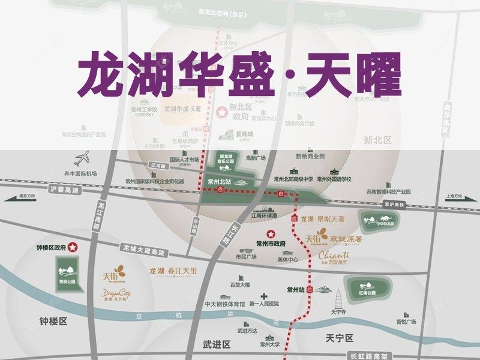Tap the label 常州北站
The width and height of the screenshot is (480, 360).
[218, 179]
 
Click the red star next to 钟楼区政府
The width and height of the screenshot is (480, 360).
[73, 246]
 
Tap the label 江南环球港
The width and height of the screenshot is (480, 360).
[263, 215]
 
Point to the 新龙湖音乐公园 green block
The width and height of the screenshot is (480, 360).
[226, 161]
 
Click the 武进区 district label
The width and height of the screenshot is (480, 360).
[216, 344]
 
